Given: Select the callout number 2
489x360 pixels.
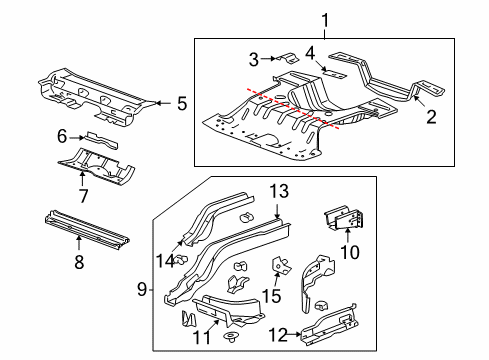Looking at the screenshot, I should point(432,117).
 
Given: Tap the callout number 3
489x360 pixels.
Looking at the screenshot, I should point(254,57).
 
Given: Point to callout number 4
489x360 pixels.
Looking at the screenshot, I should point(310,52).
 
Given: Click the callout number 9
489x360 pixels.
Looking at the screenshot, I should point(141,290).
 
